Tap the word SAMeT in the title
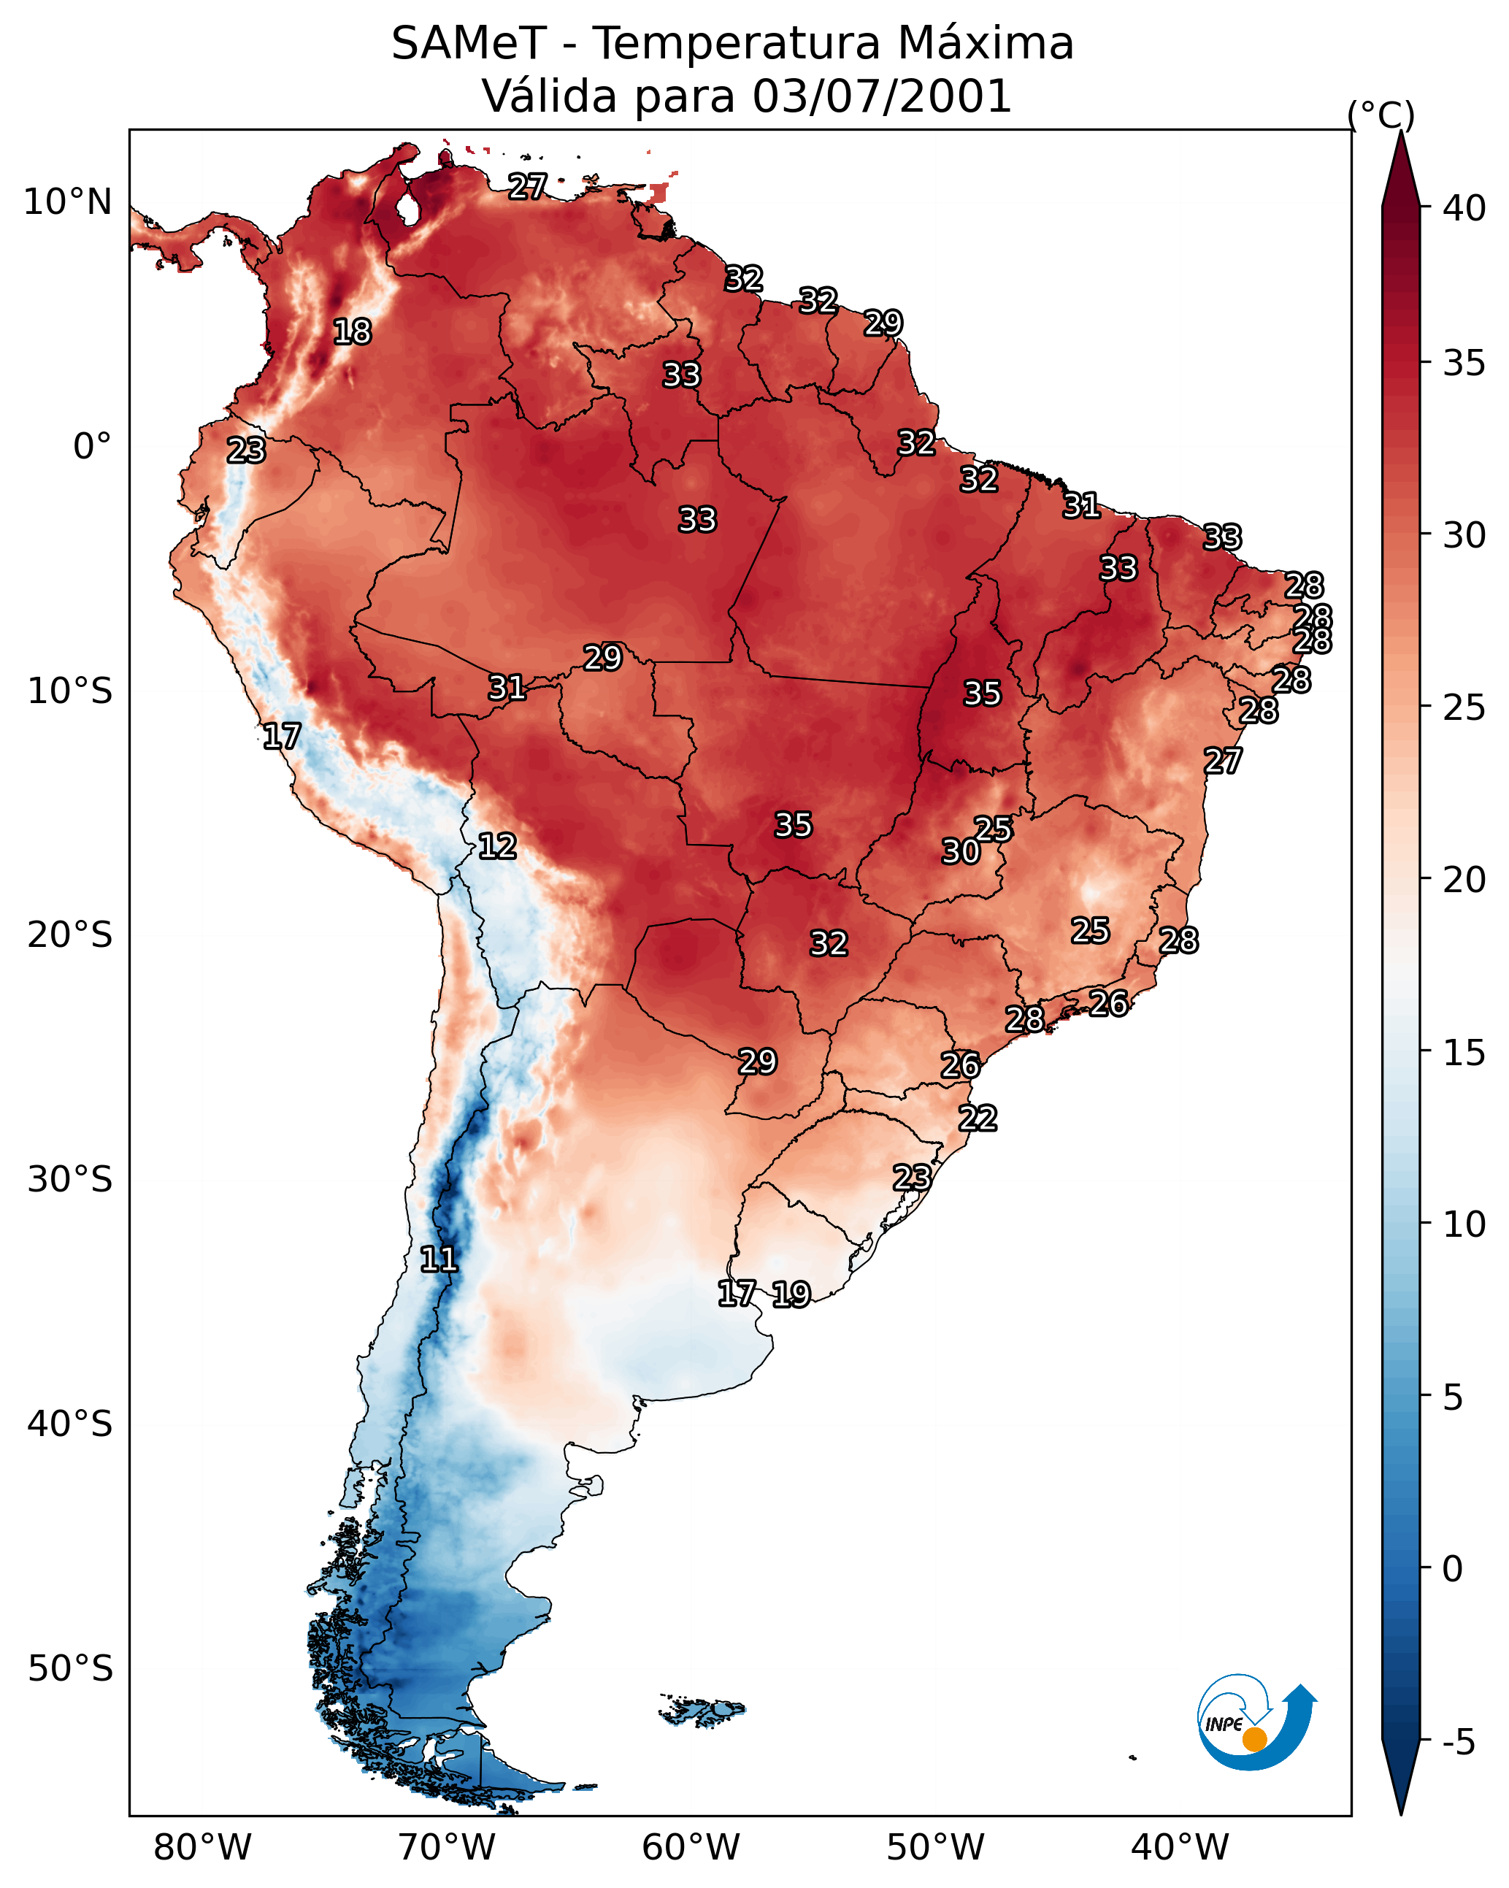pos(469,44)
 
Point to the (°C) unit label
pos(1381,115)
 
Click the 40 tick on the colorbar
pos(1464,208)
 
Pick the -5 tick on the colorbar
pos(1457,1742)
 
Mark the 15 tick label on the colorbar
pos(1464,1053)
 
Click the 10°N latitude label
pos(67,202)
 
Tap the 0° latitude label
pos(92,447)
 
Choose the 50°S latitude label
pos(70,1668)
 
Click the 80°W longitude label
pos(202,1847)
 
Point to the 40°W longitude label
pos(1180,1847)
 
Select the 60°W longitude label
pos(691,1847)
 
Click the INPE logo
pos(1255,1724)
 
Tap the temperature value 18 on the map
pos(352,332)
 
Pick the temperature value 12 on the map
pos(496,846)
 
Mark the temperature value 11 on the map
pos(438,1259)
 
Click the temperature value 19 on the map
pos(791,1294)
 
